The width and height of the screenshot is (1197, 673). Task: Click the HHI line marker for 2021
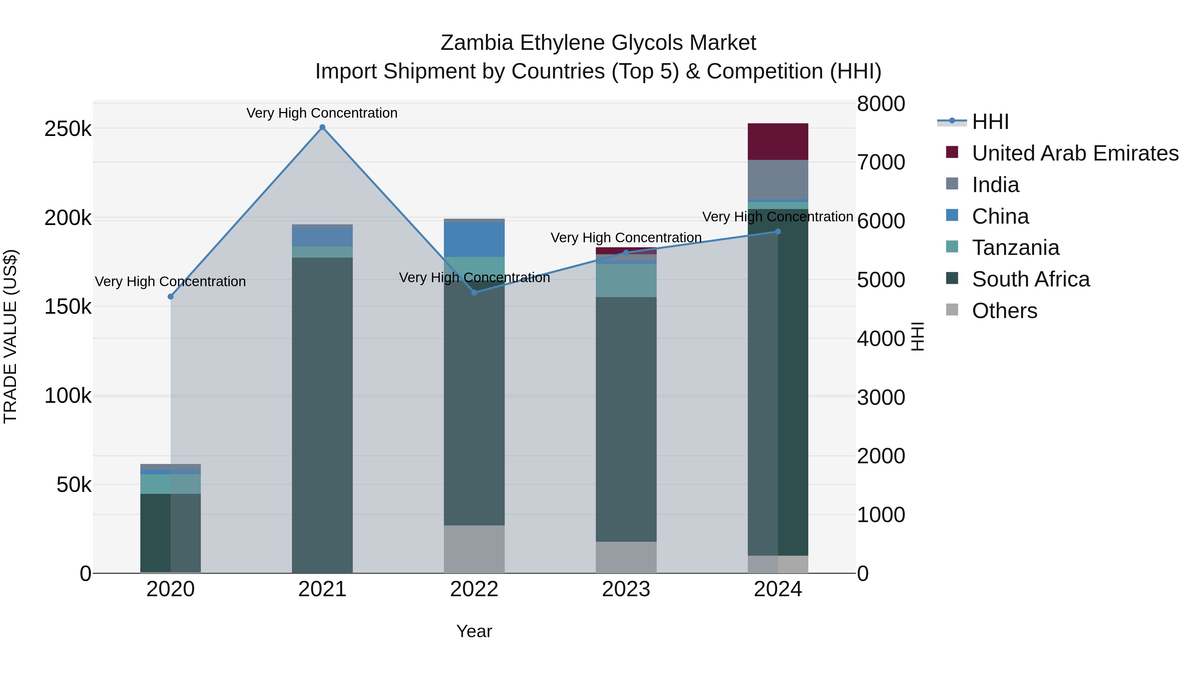click(x=323, y=127)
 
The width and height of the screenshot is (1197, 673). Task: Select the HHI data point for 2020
click(x=171, y=297)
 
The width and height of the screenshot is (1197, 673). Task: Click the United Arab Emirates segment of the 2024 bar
click(x=778, y=142)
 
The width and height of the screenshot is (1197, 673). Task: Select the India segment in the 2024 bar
click(x=778, y=180)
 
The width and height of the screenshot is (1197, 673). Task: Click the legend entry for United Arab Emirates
click(x=1075, y=153)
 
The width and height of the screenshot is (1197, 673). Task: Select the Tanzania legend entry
click(x=1015, y=248)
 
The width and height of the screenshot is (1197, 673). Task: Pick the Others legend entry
click(x=1004, y=311)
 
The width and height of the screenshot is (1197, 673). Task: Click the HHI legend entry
click(x=990, y=122)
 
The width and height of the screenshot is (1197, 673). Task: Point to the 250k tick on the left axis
click(x=68, y=129)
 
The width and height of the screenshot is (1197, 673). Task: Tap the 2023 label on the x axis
click(x=626, y=589)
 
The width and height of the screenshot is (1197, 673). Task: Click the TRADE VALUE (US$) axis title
click(x=11, y=336)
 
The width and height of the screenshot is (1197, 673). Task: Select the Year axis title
click(x=474, y=631)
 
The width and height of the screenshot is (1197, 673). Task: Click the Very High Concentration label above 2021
click(x=322, y=113)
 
